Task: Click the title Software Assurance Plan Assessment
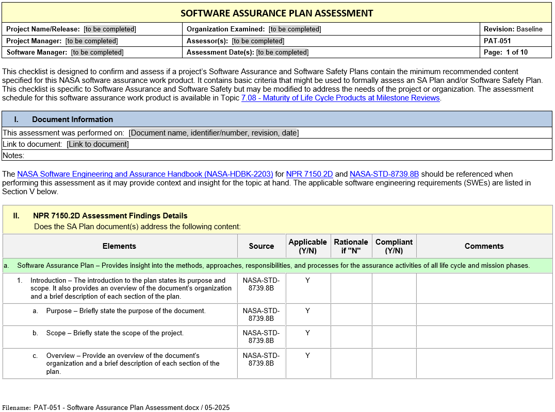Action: coord(276,13)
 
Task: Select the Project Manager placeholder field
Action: coord(92,41)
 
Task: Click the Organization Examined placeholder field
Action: coord(295,29)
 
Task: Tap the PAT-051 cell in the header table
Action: coord(497,41)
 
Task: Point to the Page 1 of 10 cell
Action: coord(505,52)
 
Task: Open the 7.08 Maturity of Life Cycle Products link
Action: coord(340,98)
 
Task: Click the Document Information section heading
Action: coord(72,119)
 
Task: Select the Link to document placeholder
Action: coord(97,144)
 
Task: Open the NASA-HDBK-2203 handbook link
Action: coord(145,174)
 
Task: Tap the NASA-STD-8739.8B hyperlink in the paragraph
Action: coord(384,174)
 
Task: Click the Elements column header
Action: coord(119,246)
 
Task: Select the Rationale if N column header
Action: coord(351,246)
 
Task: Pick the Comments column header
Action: coord(484,246)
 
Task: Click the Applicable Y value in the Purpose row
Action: coord(307,311)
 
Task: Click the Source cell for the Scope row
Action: coord(261,337)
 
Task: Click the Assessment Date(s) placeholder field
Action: coord(282,52)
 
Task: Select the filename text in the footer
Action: coord(132,407)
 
